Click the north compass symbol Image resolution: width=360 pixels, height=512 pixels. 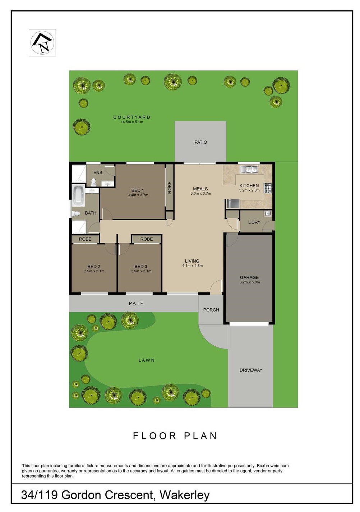click(42, 43)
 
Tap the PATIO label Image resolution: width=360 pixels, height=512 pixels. click(201, 142)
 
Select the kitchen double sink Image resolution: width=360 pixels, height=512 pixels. click(249, 169)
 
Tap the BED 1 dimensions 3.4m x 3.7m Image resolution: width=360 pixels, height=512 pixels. click(138, 195)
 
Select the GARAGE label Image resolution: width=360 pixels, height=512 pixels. click(249, 277)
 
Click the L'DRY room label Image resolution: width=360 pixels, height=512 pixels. click(254, 222)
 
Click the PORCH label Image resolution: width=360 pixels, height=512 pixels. click(211, 310)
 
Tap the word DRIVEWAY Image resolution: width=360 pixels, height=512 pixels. click(251, 370)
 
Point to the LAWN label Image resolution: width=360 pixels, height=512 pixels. click(147, 360)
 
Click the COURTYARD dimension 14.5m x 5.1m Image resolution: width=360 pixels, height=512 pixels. click(132, 122)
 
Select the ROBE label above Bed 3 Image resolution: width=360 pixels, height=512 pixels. click(146, 239)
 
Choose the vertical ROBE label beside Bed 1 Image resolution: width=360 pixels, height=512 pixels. click(169, 188)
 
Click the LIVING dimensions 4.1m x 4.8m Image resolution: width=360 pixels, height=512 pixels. click(193, 266)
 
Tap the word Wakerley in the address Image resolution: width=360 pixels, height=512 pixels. click(184, 495)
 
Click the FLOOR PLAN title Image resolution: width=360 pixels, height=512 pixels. click(175, 436)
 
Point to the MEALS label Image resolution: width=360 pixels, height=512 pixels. click(200, 189)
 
